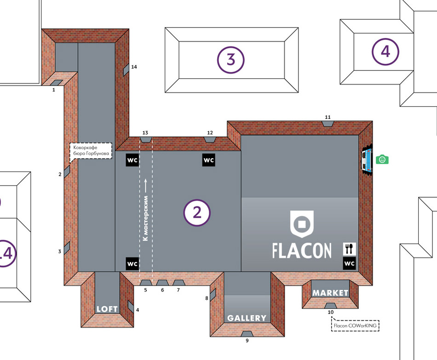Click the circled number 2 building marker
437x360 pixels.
pyautogui.click(x=197, y=213)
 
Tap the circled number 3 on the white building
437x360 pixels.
pyautogui.click(x=231, y=60)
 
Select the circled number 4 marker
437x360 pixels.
pyautogui.click(x=385, y=52)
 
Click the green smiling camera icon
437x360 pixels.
pyautogui.click(x=382, y=159)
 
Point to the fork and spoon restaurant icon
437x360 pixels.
pyautogui.click(x=349, y=249)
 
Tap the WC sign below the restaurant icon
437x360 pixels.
pyautogui.click(x=349, y=263)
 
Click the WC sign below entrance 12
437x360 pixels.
pyautogui.click(x=209, y=160)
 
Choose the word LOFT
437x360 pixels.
pyautogui.click(x=107, y=309)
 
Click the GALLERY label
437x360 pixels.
pyautogui.click(x=247, y=318)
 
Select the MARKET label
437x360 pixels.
pyautogui.click(x=330, y=293)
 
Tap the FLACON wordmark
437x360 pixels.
pyautogui.click(x=302, y=250)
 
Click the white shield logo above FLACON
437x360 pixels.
pyautogui.click(x=302, y=224)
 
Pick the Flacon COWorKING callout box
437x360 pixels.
pyautogui.click(x=355, y=325)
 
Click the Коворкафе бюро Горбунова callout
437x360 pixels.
pyautogui.click(x=91, y=151)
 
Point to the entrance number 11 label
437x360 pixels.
pyautogui.click(x=328, y=117)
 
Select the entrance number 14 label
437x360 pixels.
pyautogui.click(x=134, y=67)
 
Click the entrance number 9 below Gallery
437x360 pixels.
pyautogui.click(x=247, y=341)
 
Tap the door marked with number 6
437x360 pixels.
pyautogui.click(x=162, y=283)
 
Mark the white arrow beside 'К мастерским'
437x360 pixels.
pyautogui.click(x=146, y=186)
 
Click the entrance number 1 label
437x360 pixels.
pyautogui.click(x=54, y=90)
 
